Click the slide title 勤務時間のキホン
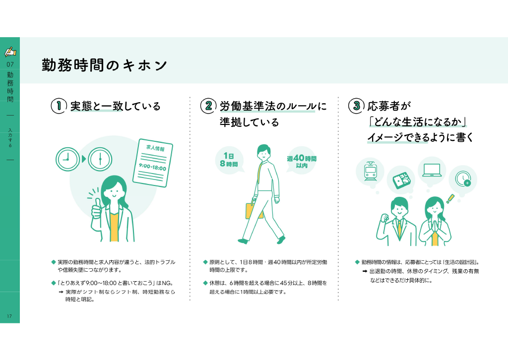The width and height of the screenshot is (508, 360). point(104,65)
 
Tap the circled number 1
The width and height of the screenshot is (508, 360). point(59,106)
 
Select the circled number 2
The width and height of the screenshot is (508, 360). point(208,106)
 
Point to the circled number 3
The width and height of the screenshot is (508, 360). point(356,106)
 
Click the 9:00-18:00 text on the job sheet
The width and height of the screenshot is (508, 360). point(153,167)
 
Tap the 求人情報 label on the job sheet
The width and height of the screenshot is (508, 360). point(155,148)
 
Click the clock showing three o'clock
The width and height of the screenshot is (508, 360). point(67,159)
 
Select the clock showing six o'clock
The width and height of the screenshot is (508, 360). point(100,159)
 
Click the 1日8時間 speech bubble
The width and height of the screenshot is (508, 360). point(229,160)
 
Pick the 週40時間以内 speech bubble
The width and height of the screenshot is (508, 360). point(301,161)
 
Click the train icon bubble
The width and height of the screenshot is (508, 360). point(370,172)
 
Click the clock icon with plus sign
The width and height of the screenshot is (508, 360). point(463,179)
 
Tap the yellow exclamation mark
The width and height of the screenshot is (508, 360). point(450,199)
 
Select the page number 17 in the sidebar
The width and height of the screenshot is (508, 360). point(9,316)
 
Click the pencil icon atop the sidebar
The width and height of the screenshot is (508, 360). point(10,52)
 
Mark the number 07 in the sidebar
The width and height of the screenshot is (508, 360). point(10,64)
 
